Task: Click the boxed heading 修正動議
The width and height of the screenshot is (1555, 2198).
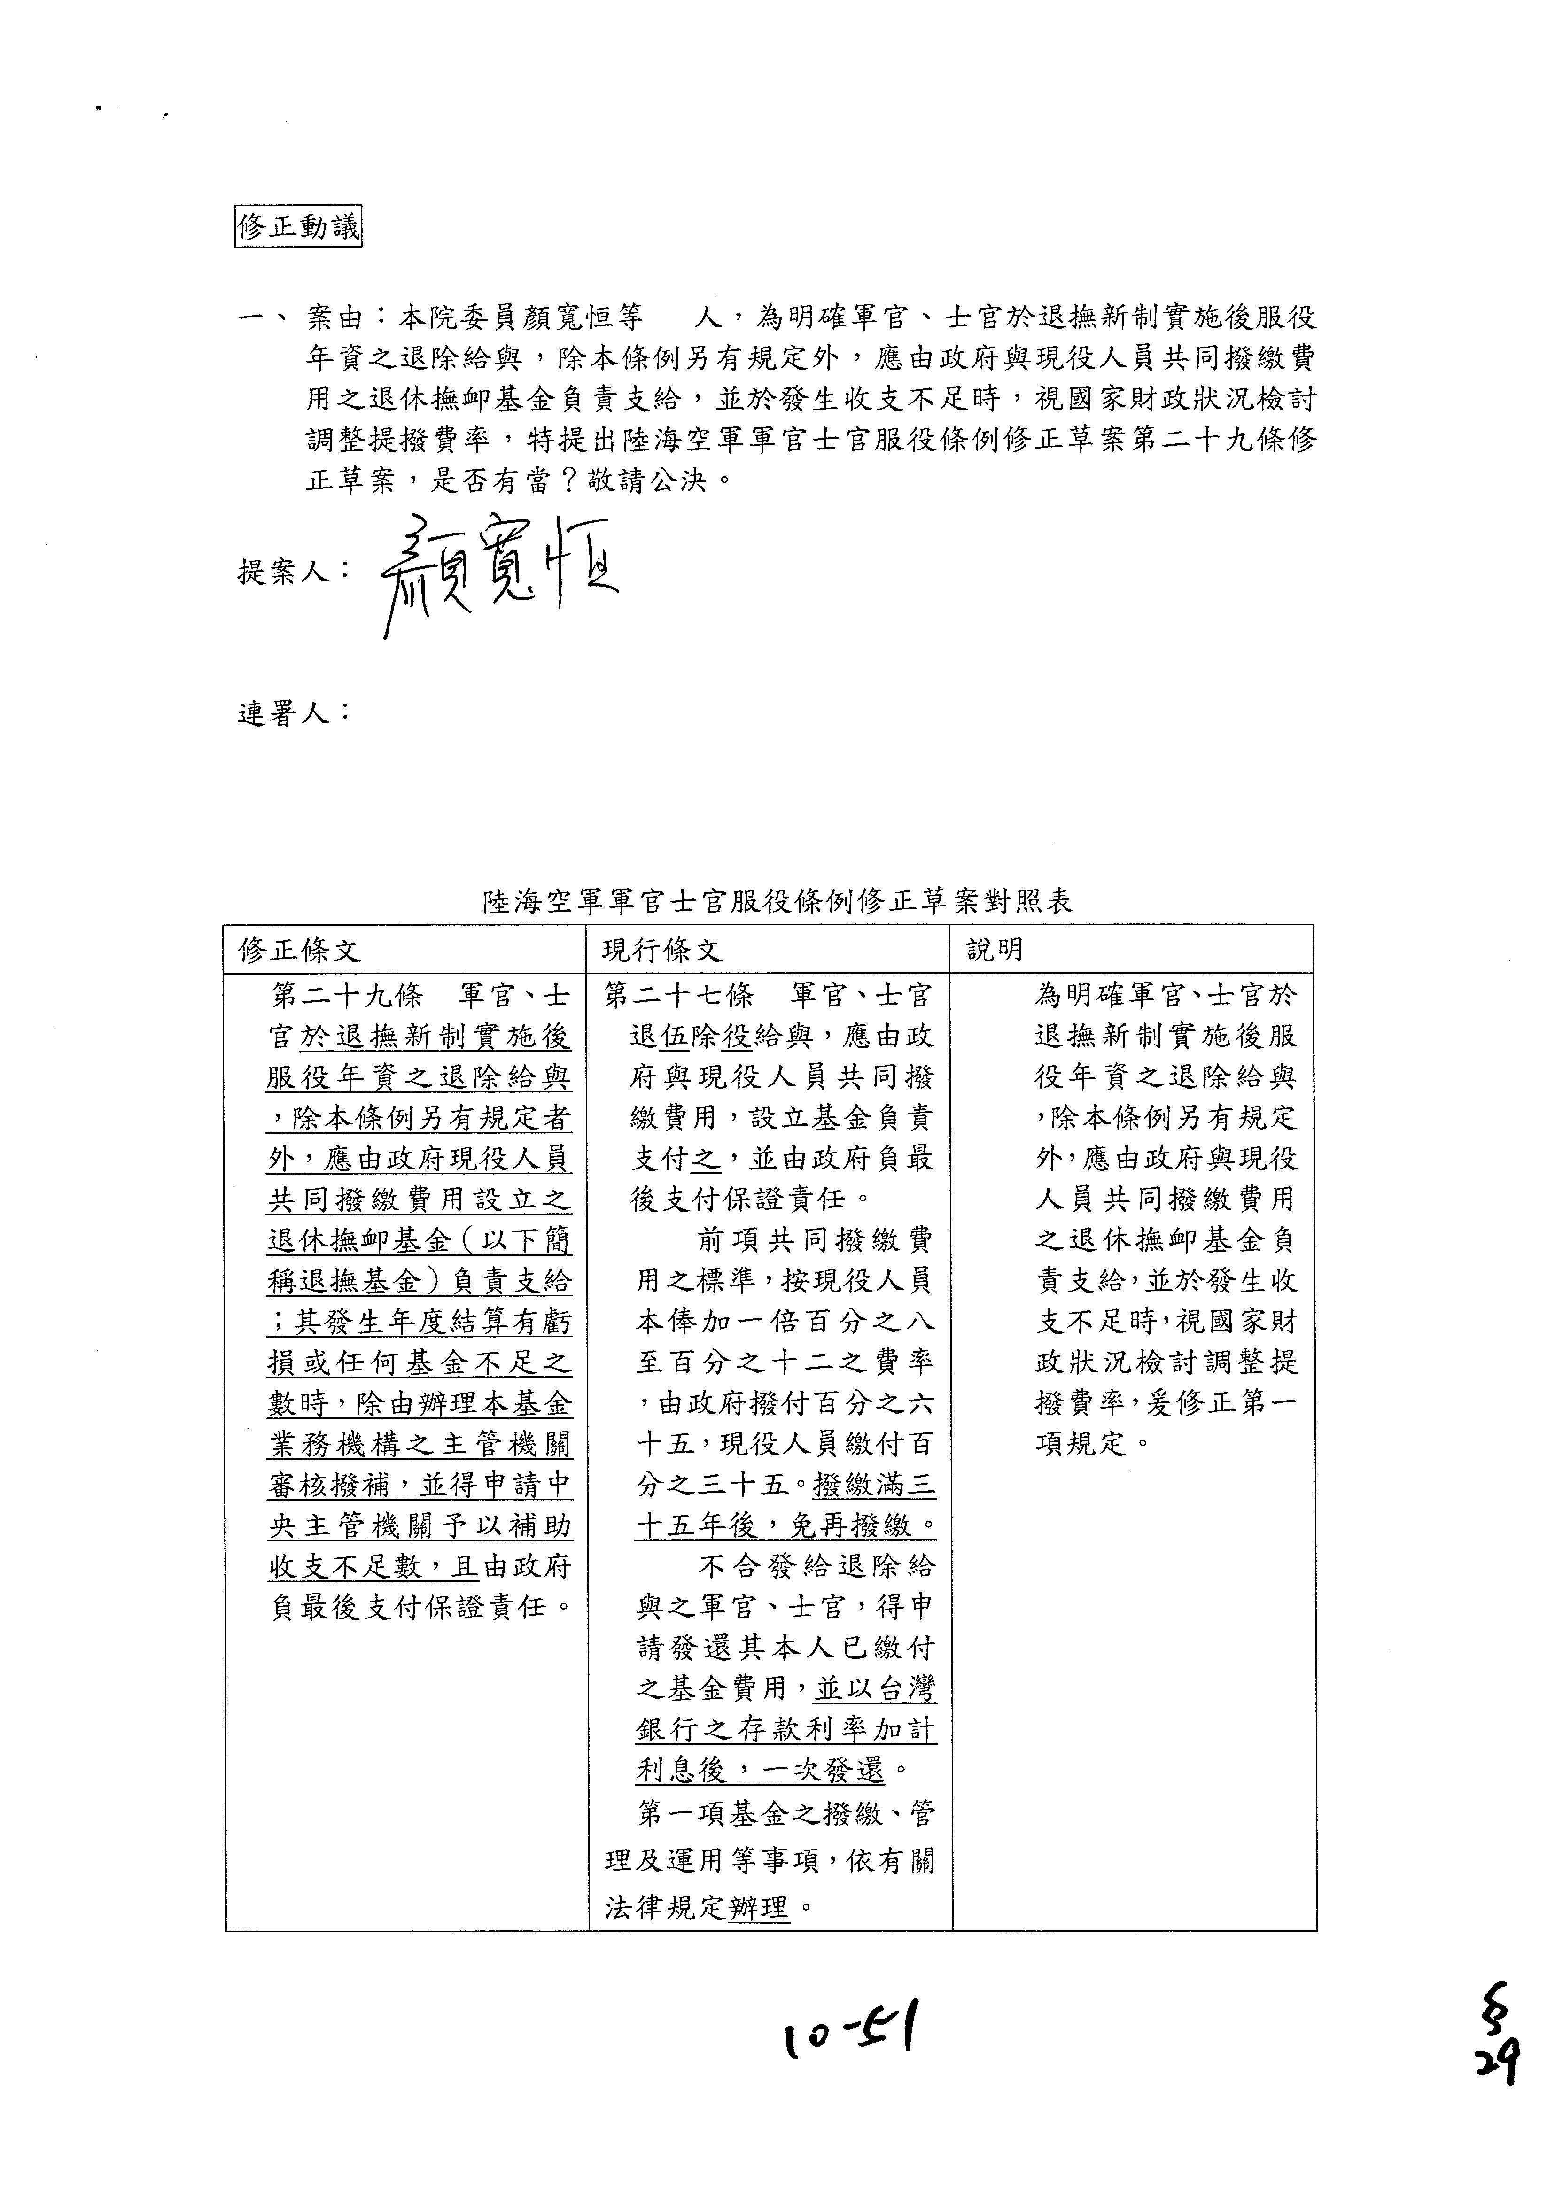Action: [x=298, y=228]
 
